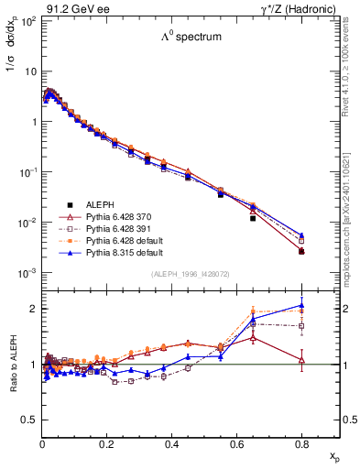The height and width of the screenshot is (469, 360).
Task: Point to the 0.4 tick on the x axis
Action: (171, 446)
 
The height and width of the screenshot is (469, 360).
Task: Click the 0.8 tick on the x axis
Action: (301, 446)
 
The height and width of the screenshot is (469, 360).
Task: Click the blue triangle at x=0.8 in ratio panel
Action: (301, 306)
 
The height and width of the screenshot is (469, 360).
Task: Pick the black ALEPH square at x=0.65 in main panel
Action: (253, 218)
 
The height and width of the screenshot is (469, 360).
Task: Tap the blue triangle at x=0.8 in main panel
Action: (301, 235)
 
